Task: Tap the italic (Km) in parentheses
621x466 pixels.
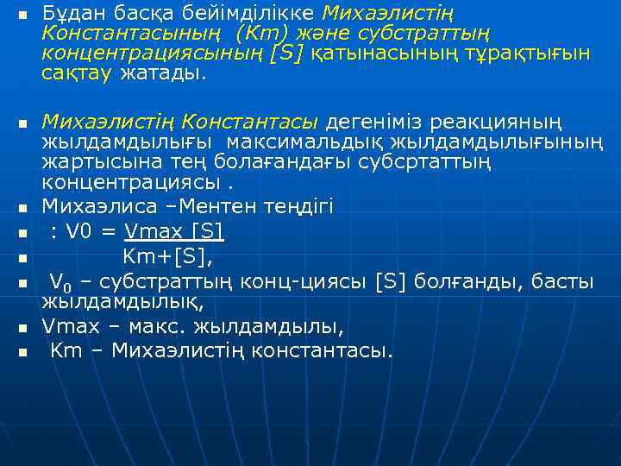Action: point(275,35)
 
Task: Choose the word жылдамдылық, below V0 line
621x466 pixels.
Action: point(122,302)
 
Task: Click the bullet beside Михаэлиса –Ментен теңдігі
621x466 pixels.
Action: point(23,208)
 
